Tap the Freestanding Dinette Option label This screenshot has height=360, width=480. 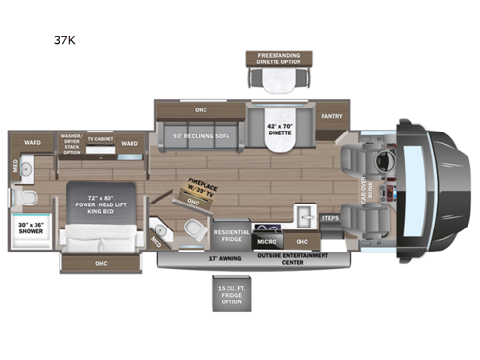[272, 59]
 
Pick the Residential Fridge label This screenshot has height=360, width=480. [231, 235]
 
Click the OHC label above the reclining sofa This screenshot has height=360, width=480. [200, 109]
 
